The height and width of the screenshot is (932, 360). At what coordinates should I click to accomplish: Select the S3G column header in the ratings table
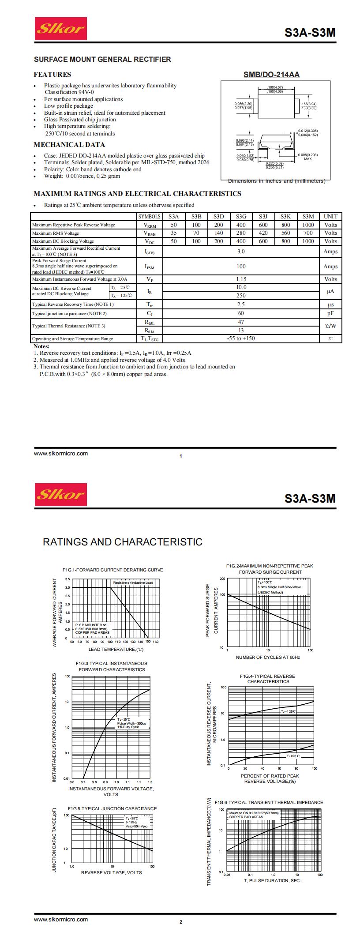241,217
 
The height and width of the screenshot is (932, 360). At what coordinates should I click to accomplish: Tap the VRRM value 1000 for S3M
308,225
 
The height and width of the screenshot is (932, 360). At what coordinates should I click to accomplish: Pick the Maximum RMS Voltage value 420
263,233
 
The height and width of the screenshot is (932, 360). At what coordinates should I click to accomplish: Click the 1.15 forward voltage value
241,279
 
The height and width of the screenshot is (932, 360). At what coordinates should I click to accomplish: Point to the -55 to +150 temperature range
241,338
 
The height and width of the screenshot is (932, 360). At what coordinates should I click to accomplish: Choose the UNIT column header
330,217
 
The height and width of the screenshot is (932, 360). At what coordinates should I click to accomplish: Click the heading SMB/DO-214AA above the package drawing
271,75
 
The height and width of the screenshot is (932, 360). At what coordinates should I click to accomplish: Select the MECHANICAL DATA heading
69,145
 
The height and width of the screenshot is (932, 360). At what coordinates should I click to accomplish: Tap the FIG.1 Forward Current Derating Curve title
112,570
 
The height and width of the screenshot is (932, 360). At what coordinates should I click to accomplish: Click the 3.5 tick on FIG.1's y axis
67,579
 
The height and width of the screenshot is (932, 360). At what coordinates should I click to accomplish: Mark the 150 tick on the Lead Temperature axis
148,642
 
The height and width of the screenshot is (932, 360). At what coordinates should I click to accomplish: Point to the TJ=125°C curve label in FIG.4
288,711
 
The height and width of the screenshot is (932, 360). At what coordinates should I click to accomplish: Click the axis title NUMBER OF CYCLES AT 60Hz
268,658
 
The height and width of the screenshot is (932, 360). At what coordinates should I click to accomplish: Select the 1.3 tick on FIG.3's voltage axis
150,782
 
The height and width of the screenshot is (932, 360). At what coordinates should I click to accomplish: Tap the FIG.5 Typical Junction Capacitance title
112,808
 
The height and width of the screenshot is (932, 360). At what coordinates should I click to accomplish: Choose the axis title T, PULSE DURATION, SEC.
272,880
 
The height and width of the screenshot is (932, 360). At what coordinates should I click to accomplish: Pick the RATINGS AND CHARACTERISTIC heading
122,542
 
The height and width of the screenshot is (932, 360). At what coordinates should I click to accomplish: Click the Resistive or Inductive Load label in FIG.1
133,583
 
